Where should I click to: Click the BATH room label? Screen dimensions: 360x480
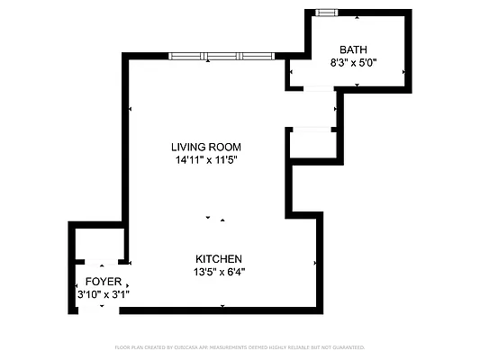pyautogui.click(x=353, y=49)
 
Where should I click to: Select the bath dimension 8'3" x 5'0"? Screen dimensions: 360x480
pyautogui.click(x=353, y=63)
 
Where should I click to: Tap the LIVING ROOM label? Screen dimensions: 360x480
pyautogui.click(x=208, y=147)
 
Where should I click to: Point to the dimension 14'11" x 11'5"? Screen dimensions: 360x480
pyautogui.click(x=208, y=160)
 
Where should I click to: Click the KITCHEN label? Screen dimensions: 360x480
pyautogui.click(x=219, y=258)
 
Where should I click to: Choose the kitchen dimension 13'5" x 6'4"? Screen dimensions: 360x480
pyautogui.click(x=219, y=271)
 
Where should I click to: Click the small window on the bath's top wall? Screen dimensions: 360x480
pyautogui.click(x=326, y=12)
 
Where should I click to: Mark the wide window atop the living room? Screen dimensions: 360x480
pyautogui.click(x=219, y=56)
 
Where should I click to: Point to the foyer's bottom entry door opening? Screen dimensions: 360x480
pyautogui.click(x=102, y=310)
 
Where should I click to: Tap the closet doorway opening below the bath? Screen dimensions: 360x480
pyautogui.click(x=310, y=130)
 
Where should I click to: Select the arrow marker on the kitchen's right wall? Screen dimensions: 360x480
pyautogui.click(x=315, y=263)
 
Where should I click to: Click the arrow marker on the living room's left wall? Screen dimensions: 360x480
pyautogui.click(x=131, y=108)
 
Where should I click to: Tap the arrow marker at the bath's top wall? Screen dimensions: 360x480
pyautogui.click(x=358, y=16)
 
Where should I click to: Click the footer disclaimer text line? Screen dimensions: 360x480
pyautogui.click(x=240, y=346)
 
